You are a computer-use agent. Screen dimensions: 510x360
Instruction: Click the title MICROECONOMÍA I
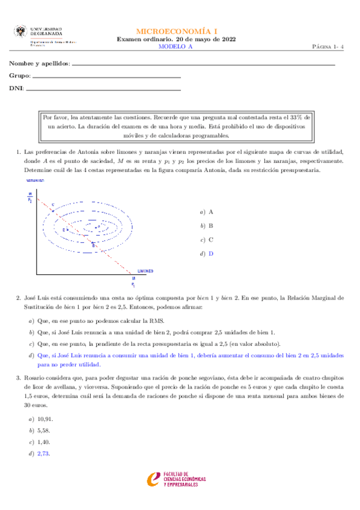[x=179, y=30]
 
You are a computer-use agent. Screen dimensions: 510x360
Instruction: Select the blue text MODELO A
[x=179, y=46]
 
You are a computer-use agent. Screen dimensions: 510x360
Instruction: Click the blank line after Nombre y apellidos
[x=203, y=64]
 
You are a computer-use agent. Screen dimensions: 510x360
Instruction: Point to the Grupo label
[x=19, y=77]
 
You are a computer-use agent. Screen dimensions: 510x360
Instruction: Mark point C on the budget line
[x=52, y=206]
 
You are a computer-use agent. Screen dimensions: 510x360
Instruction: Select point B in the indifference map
[x=93, y=245]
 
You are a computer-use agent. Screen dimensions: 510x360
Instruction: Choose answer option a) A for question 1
[x=207, y=212]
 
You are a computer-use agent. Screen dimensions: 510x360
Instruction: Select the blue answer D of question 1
[x=211, y=253]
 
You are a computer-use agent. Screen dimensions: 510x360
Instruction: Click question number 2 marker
[x=17, y=297]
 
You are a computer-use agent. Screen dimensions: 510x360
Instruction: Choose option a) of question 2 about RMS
[x=100, y=321]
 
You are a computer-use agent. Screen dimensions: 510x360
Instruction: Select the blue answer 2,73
[x=43, y=453]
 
